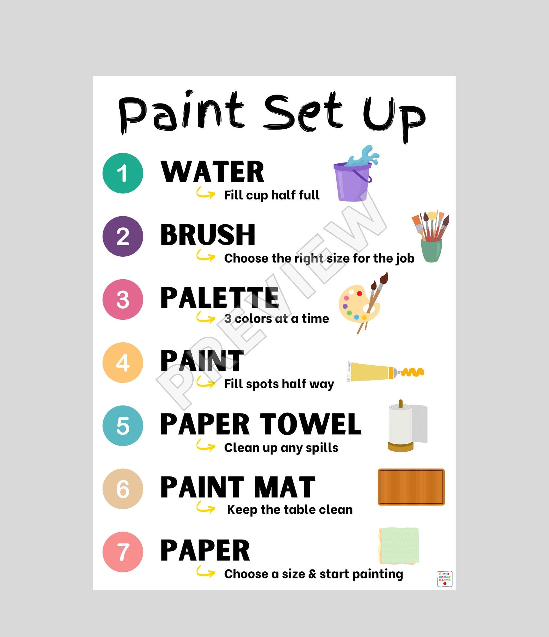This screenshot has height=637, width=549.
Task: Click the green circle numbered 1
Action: pyautogui.click(x=123, y=173)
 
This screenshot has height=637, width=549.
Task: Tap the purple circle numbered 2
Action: pyautogui.click(x=123, y=236)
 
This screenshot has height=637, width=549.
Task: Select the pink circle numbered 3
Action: pyautogui.click(x=123, y=299)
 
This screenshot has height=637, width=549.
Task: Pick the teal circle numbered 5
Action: pyautogui.click(x=123, y=426)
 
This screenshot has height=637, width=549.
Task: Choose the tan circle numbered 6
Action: pyautogui.click(x=123, y=489)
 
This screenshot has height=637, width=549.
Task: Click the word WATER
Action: pyautogui.click(x=212, y=172)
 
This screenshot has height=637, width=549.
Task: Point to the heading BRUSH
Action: pyautogui.click(x=208, y=235)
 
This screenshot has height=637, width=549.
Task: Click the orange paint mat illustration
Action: pyautogui.click(x=411, y=487)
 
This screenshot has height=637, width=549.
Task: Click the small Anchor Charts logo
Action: pyautogui.click(x=445, y=579)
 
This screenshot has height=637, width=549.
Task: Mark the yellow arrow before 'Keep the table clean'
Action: pyautogui.click(x=205, y=508)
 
